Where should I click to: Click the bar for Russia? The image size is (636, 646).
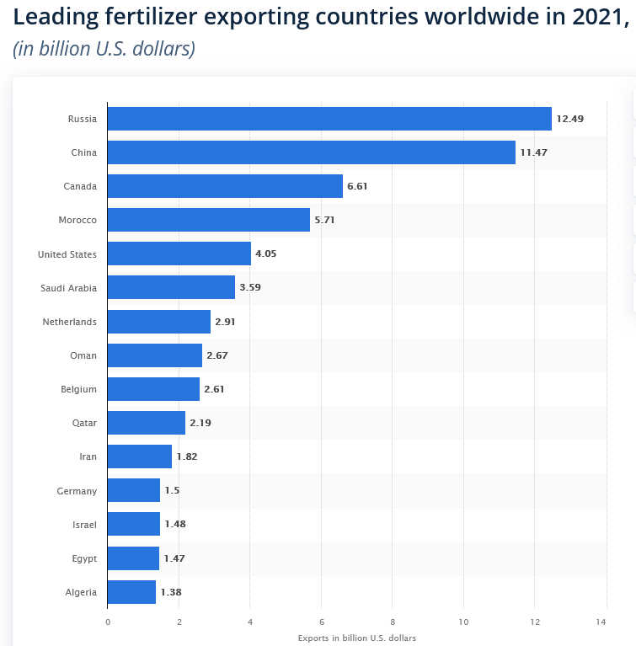(329, 119)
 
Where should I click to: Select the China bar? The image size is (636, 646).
(311, 152)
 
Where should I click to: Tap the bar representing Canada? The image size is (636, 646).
(225, 186)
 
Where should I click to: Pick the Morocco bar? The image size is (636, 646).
(209, 220)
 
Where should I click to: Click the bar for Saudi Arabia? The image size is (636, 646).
(171, 288)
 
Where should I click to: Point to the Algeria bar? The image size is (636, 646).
(131, 592)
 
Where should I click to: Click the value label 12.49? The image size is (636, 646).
(569, 119)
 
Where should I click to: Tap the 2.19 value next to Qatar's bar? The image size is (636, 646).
(200, 423)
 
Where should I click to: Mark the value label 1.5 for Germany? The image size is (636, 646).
(172, 490)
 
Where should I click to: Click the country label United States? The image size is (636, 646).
(67, 254)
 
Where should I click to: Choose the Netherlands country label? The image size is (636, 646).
(69, 322)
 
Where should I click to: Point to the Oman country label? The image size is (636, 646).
(83, 355)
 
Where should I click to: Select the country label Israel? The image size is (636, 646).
(84, 525)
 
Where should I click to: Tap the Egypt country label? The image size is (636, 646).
(84, 558)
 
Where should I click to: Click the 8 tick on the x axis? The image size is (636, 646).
(392, 622)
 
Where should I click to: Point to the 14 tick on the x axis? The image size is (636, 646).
(601, 622)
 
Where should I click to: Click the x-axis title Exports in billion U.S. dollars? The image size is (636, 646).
(356, 638)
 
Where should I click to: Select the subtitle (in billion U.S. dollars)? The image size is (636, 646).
(104, 49)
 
